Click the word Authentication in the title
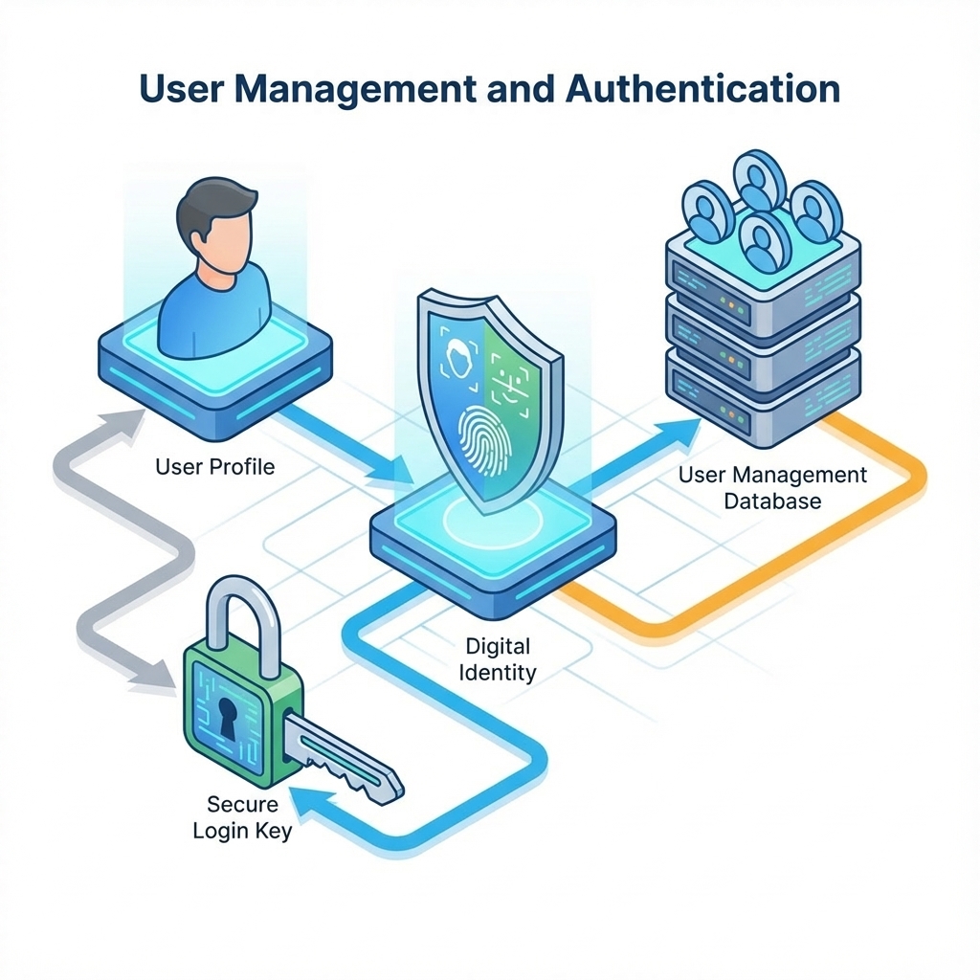pyautogui.click(x=702, y=89)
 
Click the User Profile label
pyautogui.click(x=215, y=467)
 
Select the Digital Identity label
pyautogui.click(x=498, y=659)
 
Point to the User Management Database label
pyautogui.click(x=772, y=488)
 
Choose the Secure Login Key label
pyautogui.click(x=242, y=817)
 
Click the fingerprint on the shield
pyautogui.click(x=484, y=440)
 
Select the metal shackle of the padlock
pyautogui.click(x=240, y=625)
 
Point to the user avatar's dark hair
pyautogui.click(x=215, y=207)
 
